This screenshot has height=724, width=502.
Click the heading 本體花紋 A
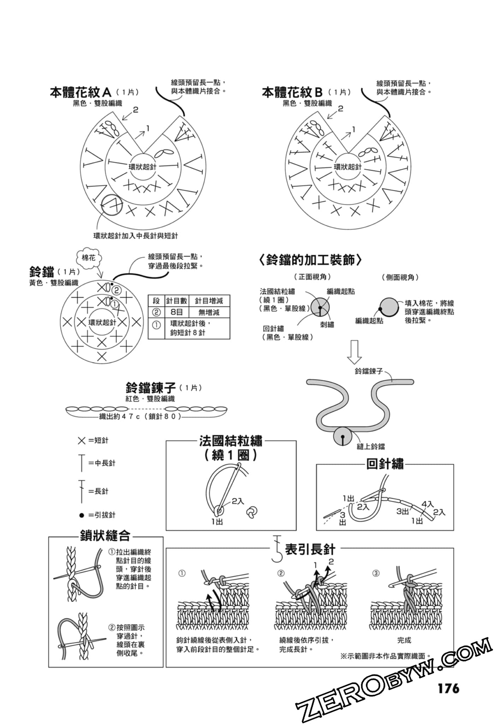(80, 93)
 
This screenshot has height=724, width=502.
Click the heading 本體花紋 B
(292, 93)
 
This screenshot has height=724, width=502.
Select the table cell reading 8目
(177, 312)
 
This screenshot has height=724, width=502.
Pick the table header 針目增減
(209, 301)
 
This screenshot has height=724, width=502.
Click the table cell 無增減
(209, 312)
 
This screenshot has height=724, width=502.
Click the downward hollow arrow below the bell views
(354, 352)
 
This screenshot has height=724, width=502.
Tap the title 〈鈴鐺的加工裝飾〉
(310, 260)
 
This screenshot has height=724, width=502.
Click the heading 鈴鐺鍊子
(151, 388)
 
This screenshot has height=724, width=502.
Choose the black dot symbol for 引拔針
(82, 515)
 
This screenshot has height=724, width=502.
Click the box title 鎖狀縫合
(105, 536)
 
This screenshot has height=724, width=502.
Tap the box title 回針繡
(385, 464)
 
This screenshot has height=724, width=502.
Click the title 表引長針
(310, 549)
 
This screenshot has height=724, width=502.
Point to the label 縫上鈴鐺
(371, 446)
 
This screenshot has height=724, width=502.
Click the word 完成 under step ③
(404, 640)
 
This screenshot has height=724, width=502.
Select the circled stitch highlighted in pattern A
(112, 205)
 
